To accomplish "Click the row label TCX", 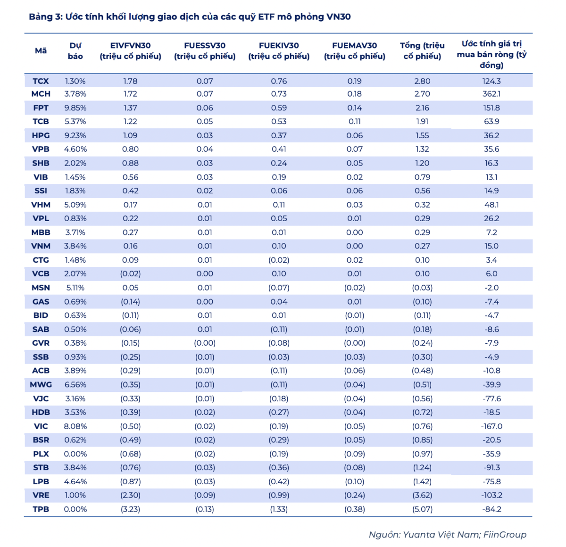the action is click(x=41, y=81).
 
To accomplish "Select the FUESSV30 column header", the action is click(x=205, y=50).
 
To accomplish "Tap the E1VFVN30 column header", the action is click(x=130, y=50).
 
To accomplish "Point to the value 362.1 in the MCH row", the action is click(x=491, y=94).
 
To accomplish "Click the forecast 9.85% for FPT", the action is click(x=75, y=108).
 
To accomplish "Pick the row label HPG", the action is click(x=41, y=135).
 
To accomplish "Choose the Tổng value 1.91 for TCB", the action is click(x=422, y=121).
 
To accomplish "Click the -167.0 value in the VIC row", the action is click(x=491, y=426).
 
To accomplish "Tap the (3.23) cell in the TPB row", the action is click(x=130, y=509).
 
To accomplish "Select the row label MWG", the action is click(x=41, y=384).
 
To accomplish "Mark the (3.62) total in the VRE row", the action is click(x=422, y=495).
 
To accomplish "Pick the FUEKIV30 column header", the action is click(x=279, y=50).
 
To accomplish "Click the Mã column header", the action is click(x=41, y=50).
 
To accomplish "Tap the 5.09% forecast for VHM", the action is click(x=75, y=205).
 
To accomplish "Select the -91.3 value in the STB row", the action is click(x=491, y=467).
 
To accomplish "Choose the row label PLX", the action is click(x=41, y=454).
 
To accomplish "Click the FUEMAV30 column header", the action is click(x=354, y=50).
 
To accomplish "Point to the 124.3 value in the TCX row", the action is click(x=491, y=81).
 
